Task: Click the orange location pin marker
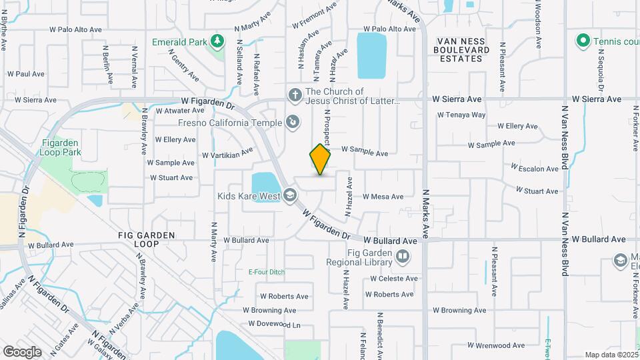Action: [320, 159]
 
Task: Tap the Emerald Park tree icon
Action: [217, 41]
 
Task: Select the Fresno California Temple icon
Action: [292, 122]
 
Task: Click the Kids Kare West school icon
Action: [289, 195]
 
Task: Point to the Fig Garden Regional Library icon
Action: [402, 256]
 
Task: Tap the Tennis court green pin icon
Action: [583, 41]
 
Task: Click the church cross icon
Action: [295, 95]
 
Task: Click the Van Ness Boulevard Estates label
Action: [467, 50]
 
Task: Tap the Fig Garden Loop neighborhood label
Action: [147, 239]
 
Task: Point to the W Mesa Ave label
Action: [383, 197]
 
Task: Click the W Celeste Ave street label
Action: [395, 279]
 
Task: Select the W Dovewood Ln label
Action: [275, 324]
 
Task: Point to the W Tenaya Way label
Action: [461, 115]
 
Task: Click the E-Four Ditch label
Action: [266, 272]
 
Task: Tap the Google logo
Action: [22, 351]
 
